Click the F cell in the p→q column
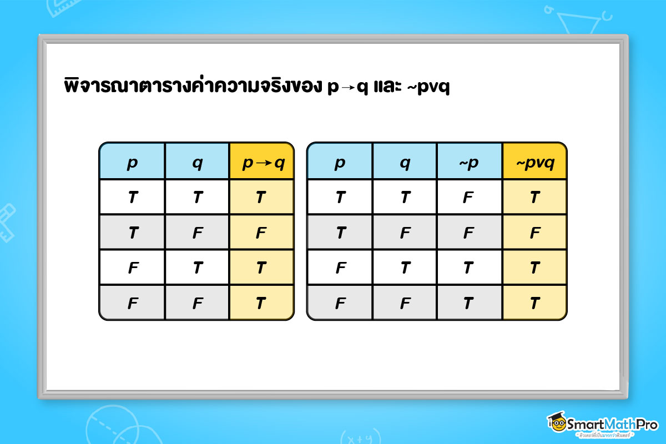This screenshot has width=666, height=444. point(261,233)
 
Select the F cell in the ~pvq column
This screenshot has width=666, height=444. point(534,233)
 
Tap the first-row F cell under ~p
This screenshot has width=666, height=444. point(469,198)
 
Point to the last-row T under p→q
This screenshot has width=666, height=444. point(261,303)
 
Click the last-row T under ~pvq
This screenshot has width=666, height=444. point(534,303)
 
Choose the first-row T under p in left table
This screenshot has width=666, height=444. point(132,198)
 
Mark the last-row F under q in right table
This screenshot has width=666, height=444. point(405,303)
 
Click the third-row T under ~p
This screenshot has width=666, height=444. point(469,268)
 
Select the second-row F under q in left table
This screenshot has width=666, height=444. point(196,233)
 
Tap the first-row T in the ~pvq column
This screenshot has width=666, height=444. point(534,198)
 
